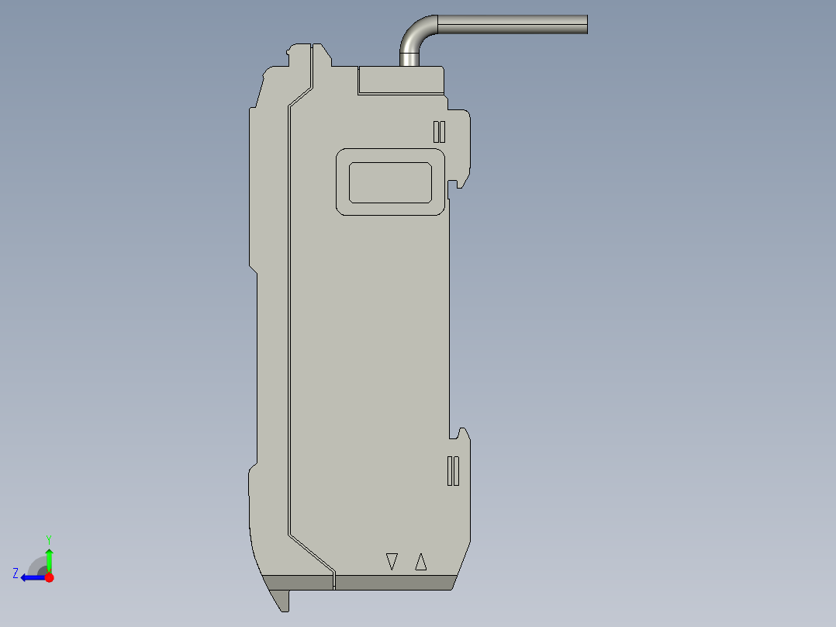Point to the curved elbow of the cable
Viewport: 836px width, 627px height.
tap(415, 33)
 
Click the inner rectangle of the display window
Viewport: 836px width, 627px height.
tap(390, 182)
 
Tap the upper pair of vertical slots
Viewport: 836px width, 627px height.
tap(439, 131)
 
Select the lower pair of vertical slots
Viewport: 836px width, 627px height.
tap(454, 471)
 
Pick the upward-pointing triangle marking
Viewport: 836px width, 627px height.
tap(421, 561)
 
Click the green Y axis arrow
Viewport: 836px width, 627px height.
tap(49, 557)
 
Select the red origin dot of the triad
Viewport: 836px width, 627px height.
tap(49, 577)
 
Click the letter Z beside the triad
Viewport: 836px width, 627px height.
tap(16, 573)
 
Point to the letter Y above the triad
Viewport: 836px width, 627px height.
tap(49, 539)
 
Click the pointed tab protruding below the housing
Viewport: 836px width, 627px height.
tap(284, 600)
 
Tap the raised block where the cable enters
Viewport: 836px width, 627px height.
tap(400, 80)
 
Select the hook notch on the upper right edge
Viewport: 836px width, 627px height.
tap(459, 182)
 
